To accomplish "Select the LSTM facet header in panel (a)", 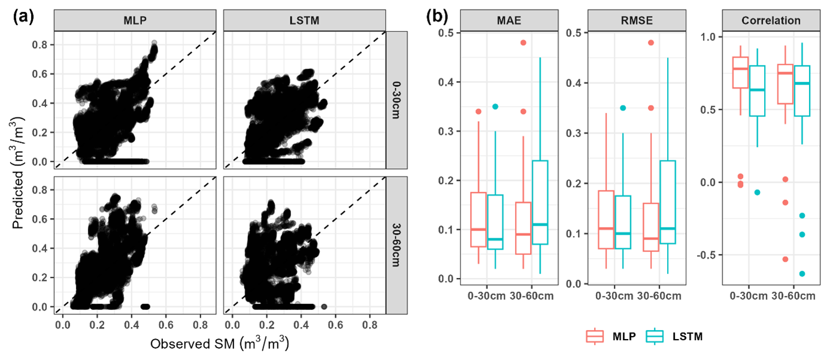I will tap(304, 21).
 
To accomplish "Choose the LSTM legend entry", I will tap(674, 337).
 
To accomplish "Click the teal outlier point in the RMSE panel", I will tap(623, 108).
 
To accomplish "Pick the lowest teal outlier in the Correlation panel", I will tap(802, 274).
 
